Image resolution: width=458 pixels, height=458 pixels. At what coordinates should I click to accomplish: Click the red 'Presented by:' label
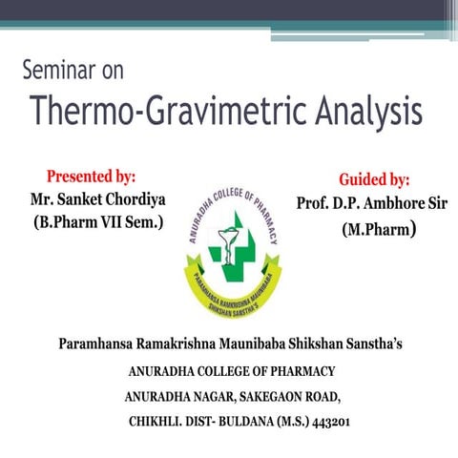pos(91,177)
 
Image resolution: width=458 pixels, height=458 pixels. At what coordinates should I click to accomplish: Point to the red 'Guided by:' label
pos(374,179)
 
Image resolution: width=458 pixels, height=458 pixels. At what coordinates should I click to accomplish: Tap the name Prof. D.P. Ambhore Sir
pos(372,203)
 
